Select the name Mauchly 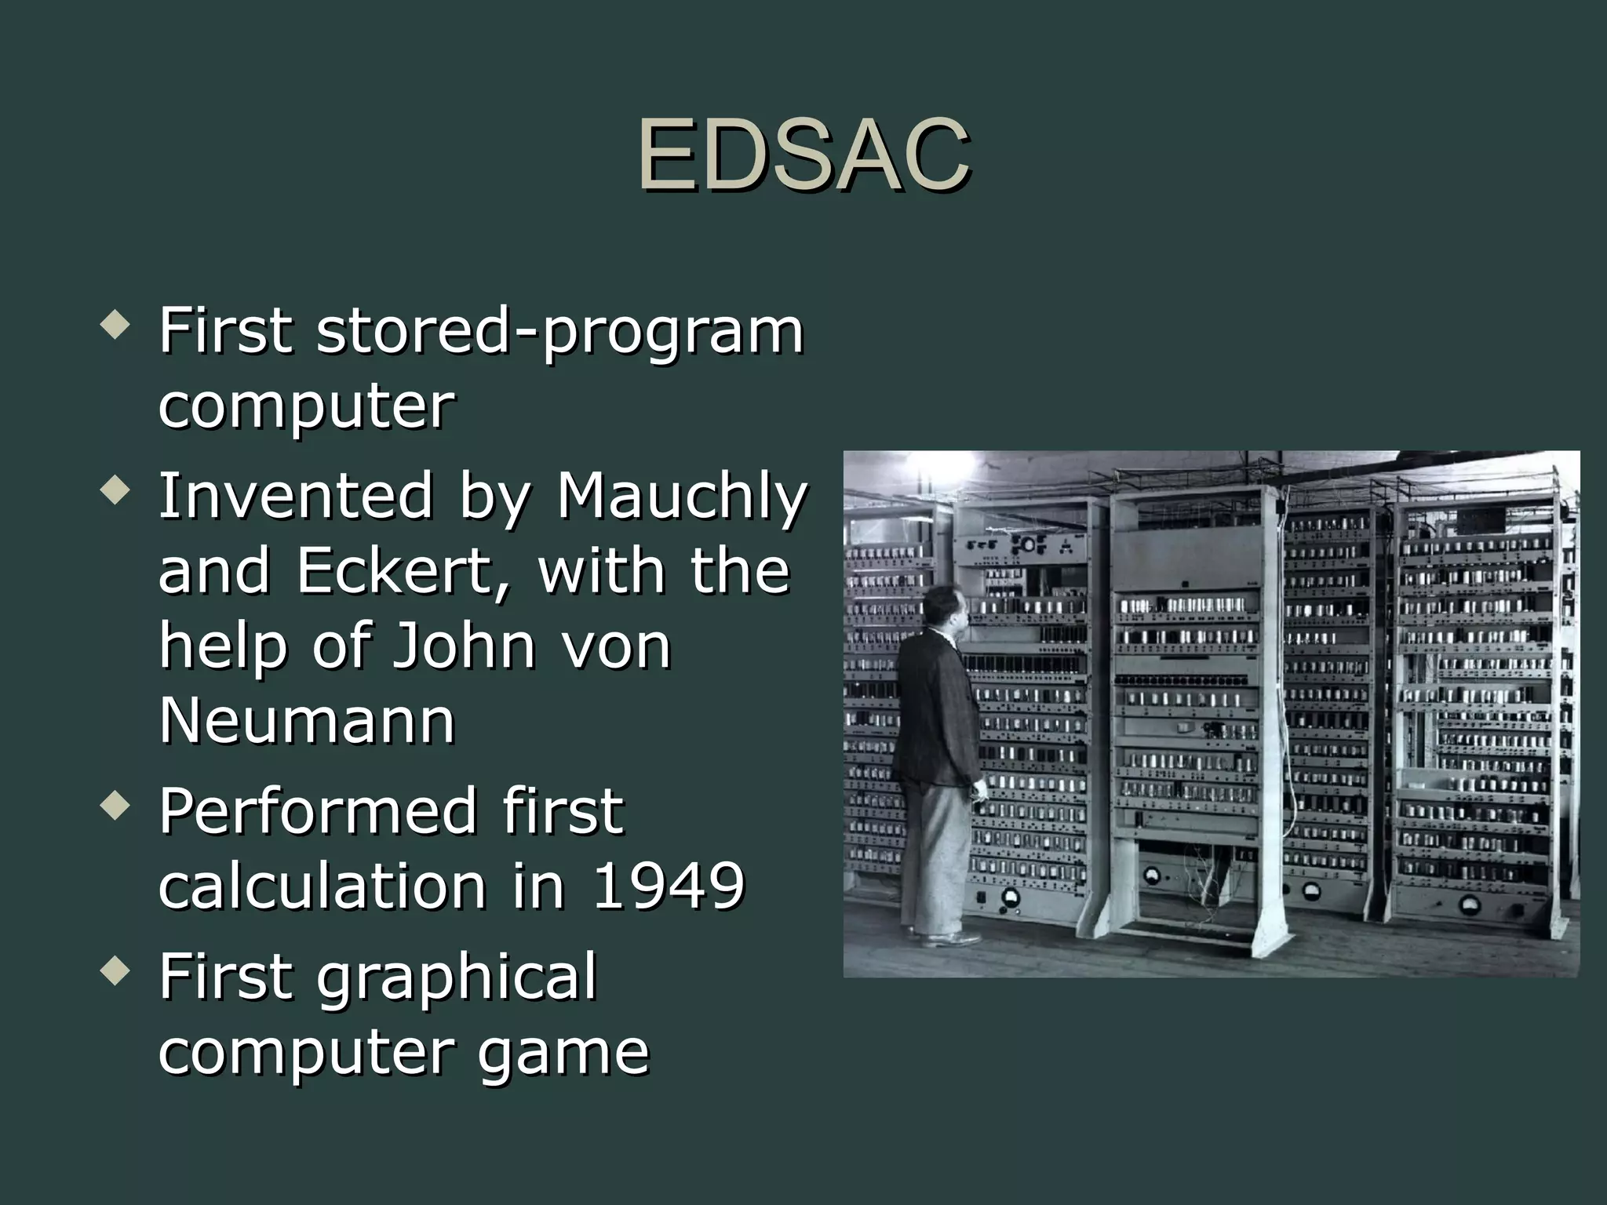point(681,497)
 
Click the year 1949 point(667,886)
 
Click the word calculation point(322,886)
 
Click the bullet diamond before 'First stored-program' point(115,326)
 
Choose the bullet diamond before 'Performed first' point(115,806)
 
